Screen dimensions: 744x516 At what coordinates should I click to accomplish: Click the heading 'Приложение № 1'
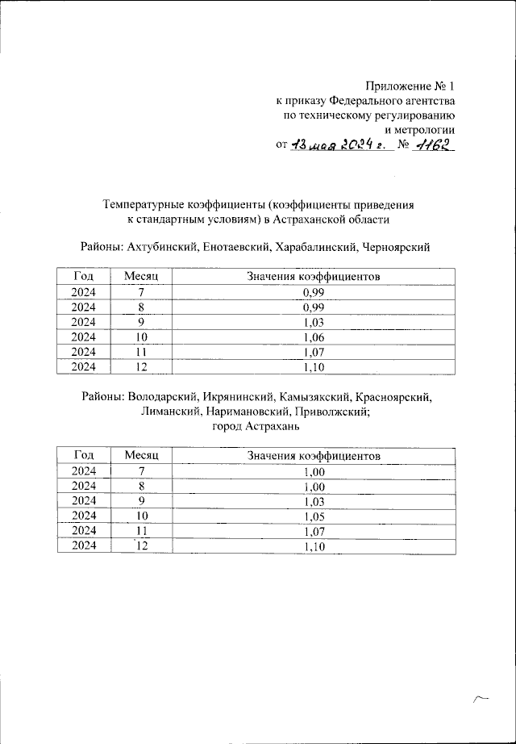[410, 86]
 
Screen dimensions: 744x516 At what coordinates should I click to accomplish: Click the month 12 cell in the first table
[141, 367]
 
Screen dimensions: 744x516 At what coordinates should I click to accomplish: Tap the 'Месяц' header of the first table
[141, 277]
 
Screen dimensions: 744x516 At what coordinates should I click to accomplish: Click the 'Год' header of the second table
[84, 456]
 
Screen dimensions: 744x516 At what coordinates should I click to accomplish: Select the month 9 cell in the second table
[141, 501]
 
